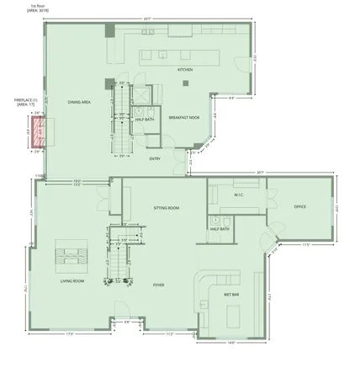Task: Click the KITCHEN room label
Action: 186,70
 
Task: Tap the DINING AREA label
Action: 79,103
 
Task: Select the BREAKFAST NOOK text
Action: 183,119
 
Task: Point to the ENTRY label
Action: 155,157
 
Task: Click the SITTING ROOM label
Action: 166,206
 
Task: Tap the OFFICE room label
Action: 299,207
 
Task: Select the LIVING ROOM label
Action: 71,281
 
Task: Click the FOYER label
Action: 158,285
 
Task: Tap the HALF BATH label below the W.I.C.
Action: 220,229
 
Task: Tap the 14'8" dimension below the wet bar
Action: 230,343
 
